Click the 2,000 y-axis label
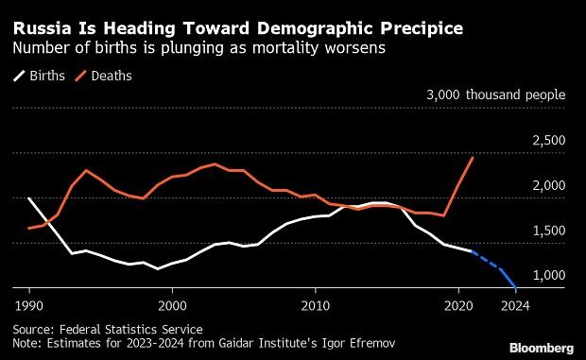(x=547, y=185)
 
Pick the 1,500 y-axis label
(x=547, y=231)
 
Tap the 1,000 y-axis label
(x=547, y=275)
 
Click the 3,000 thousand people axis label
(x=496, y=95)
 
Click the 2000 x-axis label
(x=172, y=305)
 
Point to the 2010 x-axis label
(x=316, y=305)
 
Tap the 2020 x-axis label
(x=458, y=305)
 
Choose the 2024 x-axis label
(x=514, y=305)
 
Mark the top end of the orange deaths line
(x=473, y=158)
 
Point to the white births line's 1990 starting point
(x=29, y=198)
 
